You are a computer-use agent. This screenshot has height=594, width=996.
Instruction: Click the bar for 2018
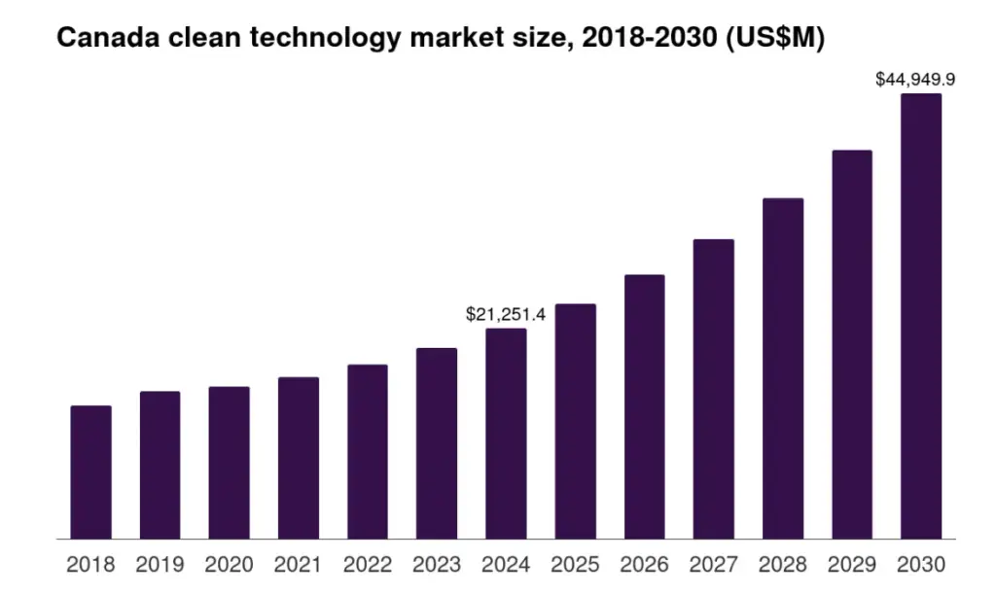tap(90, 472)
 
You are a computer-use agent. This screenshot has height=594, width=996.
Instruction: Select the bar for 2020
tap(229, 462)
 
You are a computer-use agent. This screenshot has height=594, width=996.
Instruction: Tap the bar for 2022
tap(367, 451)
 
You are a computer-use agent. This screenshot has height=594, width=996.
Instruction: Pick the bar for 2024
tap(506, 433)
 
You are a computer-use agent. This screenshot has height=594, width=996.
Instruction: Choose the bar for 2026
tap(644, 406)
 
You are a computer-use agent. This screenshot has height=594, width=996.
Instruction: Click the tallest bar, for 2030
tap(920, 316)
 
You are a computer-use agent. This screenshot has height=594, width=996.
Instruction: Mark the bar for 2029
tap(852, 344)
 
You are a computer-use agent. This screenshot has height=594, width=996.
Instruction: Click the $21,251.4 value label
tap(506, 314)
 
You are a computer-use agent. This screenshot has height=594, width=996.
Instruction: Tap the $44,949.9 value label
tap(915, 80)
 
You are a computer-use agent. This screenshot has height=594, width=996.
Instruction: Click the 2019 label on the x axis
tap(160, 565)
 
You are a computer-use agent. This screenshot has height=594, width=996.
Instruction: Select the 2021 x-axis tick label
tap(298, 565)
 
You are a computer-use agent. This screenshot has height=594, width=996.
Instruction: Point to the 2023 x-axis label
tap(436, 565)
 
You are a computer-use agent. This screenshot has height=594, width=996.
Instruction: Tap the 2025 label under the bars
tap(574, 565)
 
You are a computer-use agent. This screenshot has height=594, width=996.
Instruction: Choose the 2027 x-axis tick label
tap(713, 565)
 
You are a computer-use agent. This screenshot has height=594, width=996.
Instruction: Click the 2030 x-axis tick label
tap(920, 565)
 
